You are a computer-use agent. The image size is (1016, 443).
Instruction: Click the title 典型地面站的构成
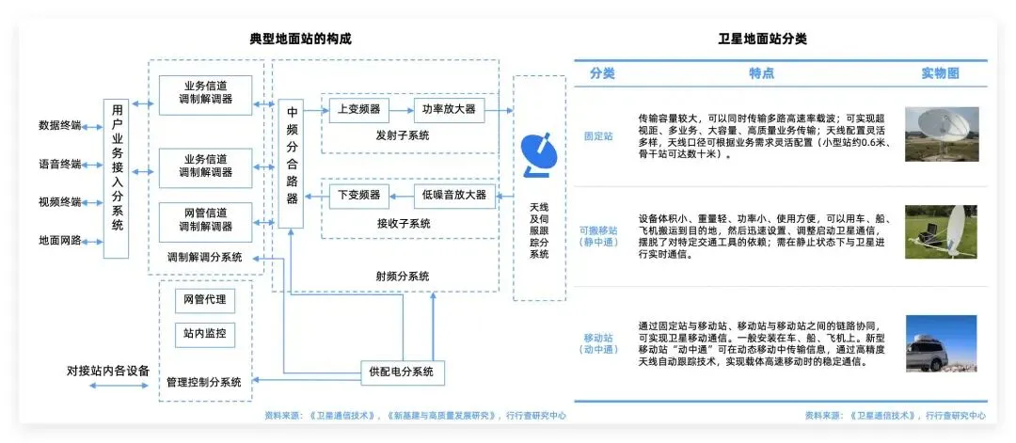click(294, 40)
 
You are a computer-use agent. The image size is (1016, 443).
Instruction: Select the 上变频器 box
click(358, 109)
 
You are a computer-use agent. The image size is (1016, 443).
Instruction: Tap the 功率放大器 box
click(449, 109)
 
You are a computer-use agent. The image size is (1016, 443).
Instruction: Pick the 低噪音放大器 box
click(455, 195)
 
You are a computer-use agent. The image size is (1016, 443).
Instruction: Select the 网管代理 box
click(204, 301)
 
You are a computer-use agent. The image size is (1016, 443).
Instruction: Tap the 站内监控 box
click(204, 334)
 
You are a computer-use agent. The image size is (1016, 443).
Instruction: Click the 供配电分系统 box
click(403, 372)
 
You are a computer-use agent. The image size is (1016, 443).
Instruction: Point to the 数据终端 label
click(59, 125)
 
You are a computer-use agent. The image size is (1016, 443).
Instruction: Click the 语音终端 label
click(59, 164)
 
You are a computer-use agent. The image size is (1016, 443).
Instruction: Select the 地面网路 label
click(59, 241)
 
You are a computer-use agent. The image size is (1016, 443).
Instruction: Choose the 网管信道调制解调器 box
click(205, 221)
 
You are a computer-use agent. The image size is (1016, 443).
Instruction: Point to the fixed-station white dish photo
click(941, 134)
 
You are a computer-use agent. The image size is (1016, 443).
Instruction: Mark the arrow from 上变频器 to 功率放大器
click(401, 109)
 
